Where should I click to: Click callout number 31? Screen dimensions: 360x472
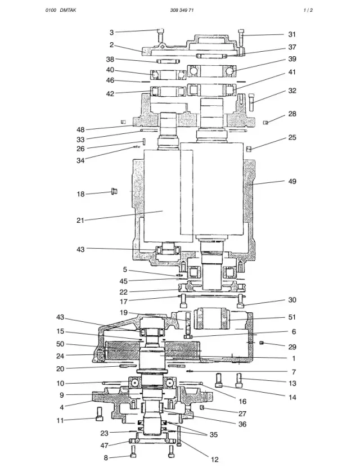[292, 34]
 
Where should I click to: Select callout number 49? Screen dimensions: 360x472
[292, 181]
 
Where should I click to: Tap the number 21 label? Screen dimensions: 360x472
[80, 221]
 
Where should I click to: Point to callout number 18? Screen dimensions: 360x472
[80, 194]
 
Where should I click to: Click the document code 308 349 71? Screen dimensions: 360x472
[182, 10]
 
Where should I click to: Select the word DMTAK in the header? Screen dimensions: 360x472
[68, 10]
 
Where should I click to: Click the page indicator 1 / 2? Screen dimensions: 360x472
[308, 10]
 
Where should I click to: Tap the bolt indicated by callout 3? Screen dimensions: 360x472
[160, 35]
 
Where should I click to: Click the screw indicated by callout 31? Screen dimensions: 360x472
[241, 37]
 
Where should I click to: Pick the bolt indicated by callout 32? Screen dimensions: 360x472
[252, 102]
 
